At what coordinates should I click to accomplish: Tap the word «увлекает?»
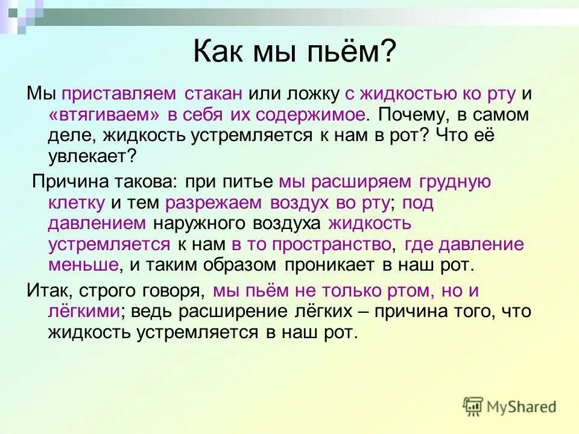click(x=93, y=156)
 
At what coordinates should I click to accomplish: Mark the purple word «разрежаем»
click(x=207, y=203)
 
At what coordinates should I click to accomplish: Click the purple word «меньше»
click(x=84, y=265)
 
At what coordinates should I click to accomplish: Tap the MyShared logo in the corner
click(x=510, y=406)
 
